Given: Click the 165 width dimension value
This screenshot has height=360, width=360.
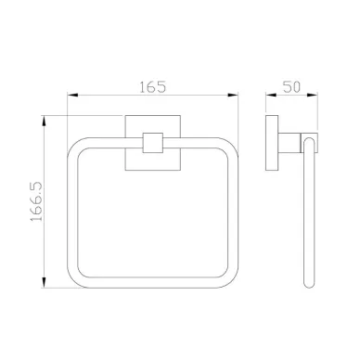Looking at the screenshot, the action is pos(152,87).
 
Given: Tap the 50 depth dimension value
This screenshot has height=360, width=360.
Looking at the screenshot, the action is pos(291,87).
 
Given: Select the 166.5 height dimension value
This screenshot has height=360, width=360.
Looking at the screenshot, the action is pos(36,201).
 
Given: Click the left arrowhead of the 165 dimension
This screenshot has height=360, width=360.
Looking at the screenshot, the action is pos(72,96).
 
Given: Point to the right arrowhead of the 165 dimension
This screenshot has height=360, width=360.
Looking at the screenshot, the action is pos(233,96).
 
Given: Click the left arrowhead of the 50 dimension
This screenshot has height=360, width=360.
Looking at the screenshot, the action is pos(271,96).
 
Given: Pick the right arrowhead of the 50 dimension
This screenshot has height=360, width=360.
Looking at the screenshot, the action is pos(313,96).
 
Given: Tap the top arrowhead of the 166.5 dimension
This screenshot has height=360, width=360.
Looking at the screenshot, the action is pos(45,121).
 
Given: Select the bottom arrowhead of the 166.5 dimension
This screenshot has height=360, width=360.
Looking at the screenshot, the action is pos(45,283).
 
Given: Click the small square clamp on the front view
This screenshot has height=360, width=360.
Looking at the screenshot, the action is pos(153,143).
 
